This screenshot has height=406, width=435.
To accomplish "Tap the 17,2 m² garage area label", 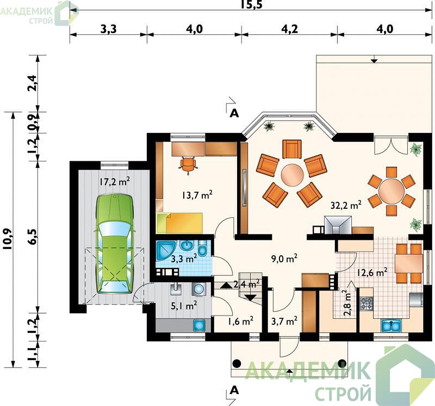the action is [x=115, y=181].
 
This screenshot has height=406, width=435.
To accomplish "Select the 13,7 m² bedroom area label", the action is [x=197, y=195].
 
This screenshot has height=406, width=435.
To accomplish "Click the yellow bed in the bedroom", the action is [x=179, y=223].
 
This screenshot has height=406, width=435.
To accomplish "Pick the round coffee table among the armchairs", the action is [x=293, y=175].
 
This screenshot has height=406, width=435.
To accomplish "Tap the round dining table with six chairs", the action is [x=391, y=191].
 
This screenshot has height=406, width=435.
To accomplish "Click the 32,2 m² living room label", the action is [x=346, y=205].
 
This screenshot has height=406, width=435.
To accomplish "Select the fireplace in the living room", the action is [x=338, y=226].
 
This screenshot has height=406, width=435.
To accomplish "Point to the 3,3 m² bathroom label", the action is [x=184, y=259].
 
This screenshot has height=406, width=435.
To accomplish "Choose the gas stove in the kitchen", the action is [x=366, y=304].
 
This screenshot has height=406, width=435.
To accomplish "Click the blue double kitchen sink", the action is [x=391, y=325].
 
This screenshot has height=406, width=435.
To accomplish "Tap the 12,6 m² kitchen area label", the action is [x=372, y=272].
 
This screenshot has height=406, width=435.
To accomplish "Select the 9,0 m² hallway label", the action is [x=284, y=259].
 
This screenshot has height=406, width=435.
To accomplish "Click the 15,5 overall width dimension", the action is [x=251, y=5].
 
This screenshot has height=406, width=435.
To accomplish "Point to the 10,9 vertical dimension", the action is [x=8, y=239].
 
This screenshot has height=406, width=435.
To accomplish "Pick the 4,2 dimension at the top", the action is [x=289, y=29].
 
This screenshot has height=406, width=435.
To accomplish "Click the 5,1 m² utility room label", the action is [x=184, y=306].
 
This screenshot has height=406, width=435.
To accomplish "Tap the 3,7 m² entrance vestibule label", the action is [x=284, y=321].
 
